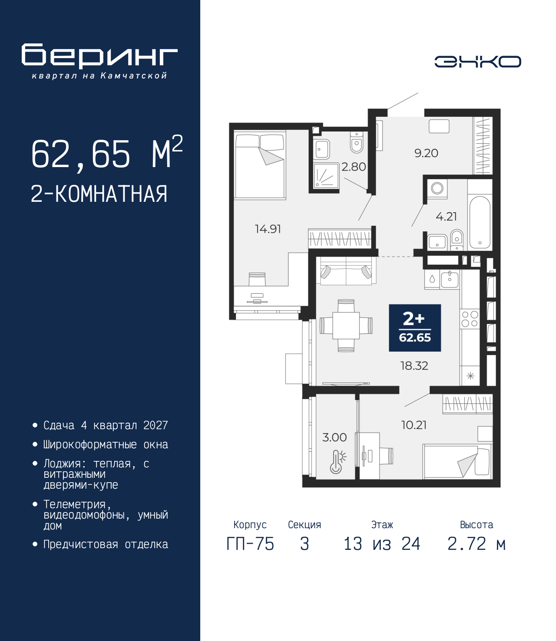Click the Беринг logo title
(x=99, y=56)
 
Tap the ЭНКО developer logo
(x=477, y=62)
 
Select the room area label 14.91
(x=268, y=229)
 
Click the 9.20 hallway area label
(x=426, y=153)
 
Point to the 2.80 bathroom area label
(x=354, y=167)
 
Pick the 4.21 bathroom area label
(x=446, y=216)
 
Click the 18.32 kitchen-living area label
(x=414, y=366)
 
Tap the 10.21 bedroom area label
(x=414, y=425)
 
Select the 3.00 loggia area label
(x=334, y=437)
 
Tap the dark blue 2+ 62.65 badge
(x=415, y=328)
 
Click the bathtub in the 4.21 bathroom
(x=480, y=222)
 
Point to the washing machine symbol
(x=437, y=188)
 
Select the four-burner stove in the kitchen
(x=470, y=319)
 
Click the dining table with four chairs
(x=346, y=325)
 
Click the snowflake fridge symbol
(x=470, y=376)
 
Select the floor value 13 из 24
(x=382, y=544)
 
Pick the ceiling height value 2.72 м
(x=477, y=544)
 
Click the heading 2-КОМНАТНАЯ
(x=99, y=194)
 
